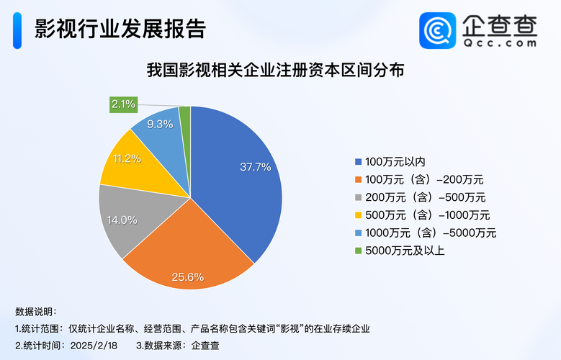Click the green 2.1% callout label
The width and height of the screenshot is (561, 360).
pyautogui.click(x=123, y=104)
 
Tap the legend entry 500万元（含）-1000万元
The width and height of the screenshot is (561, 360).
pyautogui.click(x=423, y=215)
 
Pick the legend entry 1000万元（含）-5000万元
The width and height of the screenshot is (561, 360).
pyautogui.click(x=426, y=233)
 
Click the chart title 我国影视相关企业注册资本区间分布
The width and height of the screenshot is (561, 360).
pyautogui.click(x=280, y=71)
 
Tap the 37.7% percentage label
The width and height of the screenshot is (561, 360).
pyautogui.click(x=255, y=167)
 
